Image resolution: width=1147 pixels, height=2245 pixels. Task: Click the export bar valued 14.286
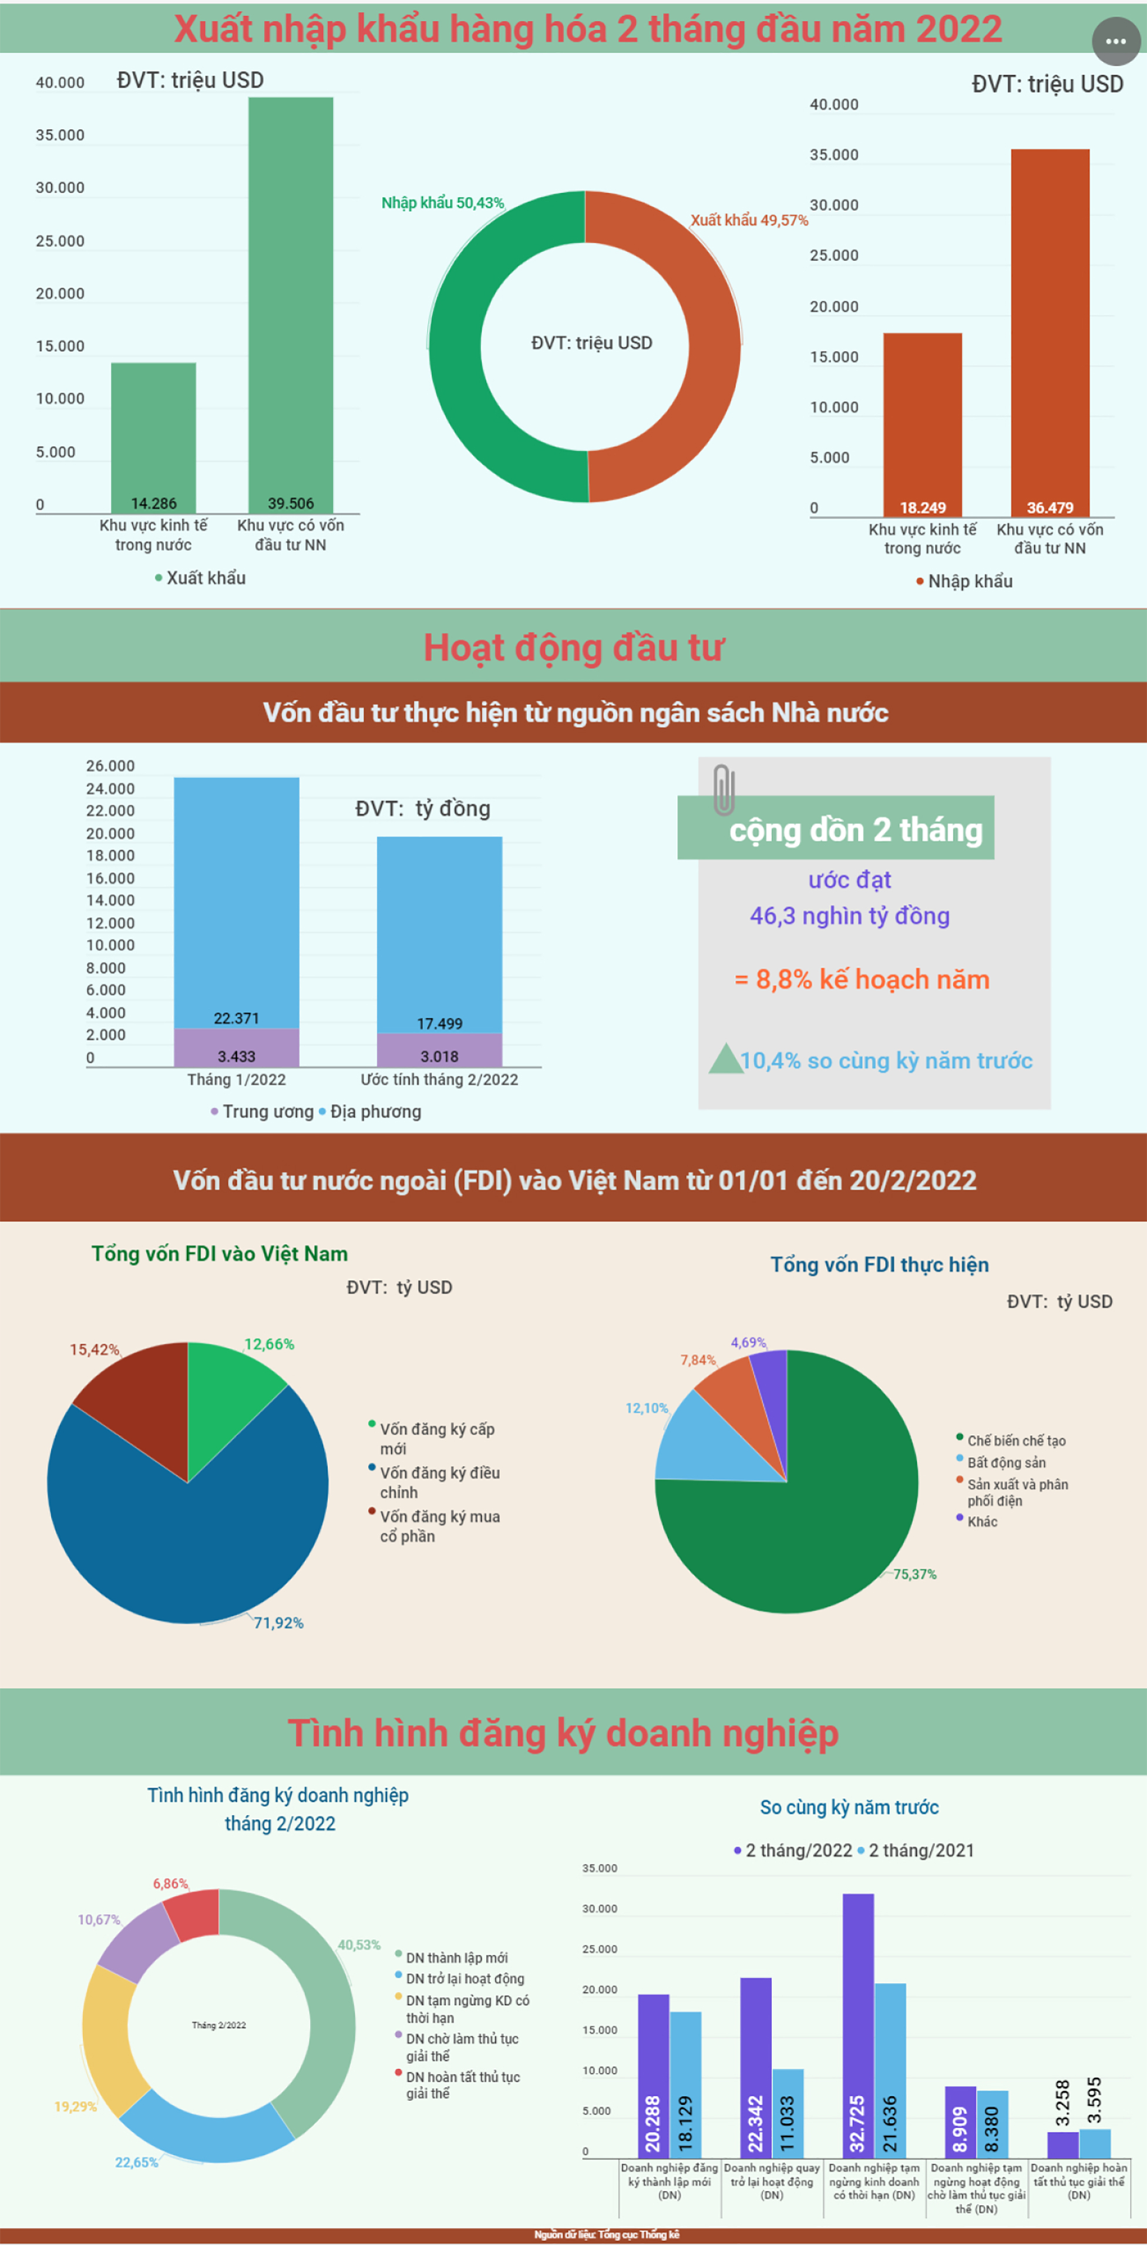click(x=153, y=437)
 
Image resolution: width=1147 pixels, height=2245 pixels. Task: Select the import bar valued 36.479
click(x=1050, y=331)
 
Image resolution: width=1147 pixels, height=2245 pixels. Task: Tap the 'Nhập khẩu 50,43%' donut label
click(x=443, y=203)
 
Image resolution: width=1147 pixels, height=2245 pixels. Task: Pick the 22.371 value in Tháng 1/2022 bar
click(x=236, y=1018)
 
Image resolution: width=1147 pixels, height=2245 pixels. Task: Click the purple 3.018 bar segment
click(x=439, y=1050)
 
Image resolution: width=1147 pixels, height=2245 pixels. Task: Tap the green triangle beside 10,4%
click(x=725, y=1060)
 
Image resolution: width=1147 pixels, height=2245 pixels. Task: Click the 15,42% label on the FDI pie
click(x=94, y=1349)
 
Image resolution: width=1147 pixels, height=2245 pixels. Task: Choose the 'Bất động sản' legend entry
click(x=1006, y=1462)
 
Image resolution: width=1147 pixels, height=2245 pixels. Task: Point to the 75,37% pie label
click(x=914, y=1574)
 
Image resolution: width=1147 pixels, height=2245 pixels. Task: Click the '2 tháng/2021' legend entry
click(x=920, y=1850)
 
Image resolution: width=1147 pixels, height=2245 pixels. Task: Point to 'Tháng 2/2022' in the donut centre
click(x=218, y=2025)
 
